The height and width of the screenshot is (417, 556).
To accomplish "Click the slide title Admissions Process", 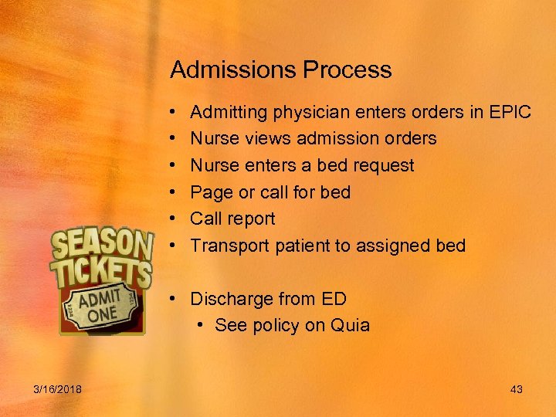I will (281, 70).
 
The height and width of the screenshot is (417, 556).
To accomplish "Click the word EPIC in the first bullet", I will (510, 113).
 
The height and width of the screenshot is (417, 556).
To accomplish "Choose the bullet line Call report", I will (232, 219).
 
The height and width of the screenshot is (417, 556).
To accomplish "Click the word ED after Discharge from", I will (334, 299).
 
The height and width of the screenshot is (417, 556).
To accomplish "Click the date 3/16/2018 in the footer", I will (59, 389).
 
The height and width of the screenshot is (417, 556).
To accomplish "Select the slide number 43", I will (517, 389).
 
